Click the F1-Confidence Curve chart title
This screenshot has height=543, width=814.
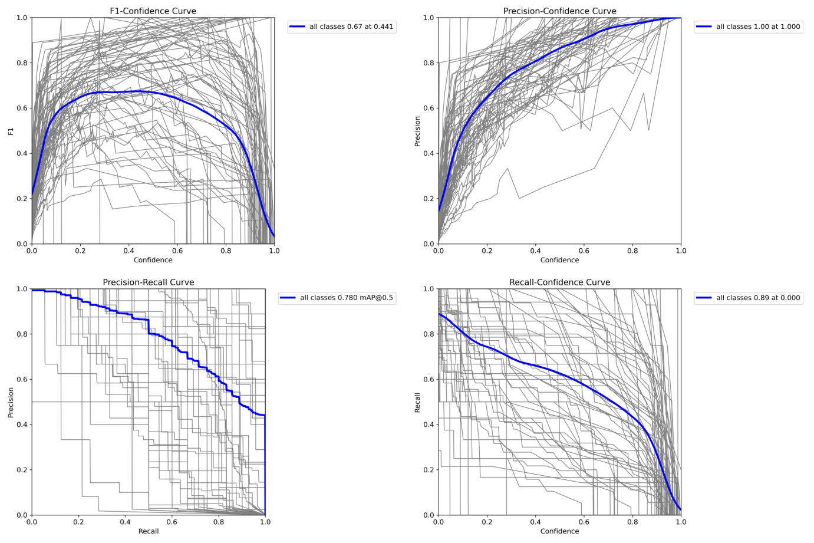point(153,11)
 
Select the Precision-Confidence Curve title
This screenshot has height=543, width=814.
point(559,11)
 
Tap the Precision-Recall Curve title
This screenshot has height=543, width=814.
point(149,282)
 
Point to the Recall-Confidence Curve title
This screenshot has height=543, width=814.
point(559,282)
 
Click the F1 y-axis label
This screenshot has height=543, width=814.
point(11,131)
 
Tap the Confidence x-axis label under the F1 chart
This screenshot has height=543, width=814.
point(153,260)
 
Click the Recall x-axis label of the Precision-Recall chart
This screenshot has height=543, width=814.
point(149,531)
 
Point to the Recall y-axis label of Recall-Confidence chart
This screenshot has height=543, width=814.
point(417,402)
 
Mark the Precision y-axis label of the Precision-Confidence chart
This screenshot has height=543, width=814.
point(417,131)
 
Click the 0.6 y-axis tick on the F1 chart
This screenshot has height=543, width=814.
point(22,108)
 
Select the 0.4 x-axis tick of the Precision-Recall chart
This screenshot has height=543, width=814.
point(125,522)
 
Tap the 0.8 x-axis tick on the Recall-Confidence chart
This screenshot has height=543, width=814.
point(632,522)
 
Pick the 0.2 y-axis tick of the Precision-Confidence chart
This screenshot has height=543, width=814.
point(429,199)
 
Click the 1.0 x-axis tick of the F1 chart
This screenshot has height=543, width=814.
point(274,251)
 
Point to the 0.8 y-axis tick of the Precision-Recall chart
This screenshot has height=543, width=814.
point(22,334)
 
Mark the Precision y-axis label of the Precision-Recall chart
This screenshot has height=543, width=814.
point(11,402)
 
